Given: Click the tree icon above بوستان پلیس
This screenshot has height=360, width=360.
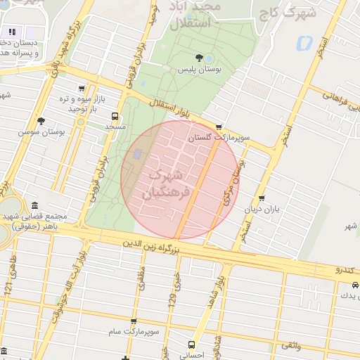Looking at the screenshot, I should click(x=201, y=58).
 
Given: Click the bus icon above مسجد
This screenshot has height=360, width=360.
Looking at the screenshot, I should click(x=115, y=116).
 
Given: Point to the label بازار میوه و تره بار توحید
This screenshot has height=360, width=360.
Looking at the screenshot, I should click(x=77, y=104).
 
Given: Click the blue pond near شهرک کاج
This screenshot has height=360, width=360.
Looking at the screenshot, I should click(x=304, y=44).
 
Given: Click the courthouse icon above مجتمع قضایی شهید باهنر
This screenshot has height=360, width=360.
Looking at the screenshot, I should click(x=35, y=205).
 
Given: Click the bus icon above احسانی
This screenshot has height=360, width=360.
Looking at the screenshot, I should click(x=191, y=345).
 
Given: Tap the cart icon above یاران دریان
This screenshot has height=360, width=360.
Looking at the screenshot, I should click(x=262, y=199).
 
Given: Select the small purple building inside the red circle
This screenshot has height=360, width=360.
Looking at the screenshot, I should click(x=138, y=153).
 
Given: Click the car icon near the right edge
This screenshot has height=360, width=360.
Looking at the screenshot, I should click(x=355, y=285).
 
